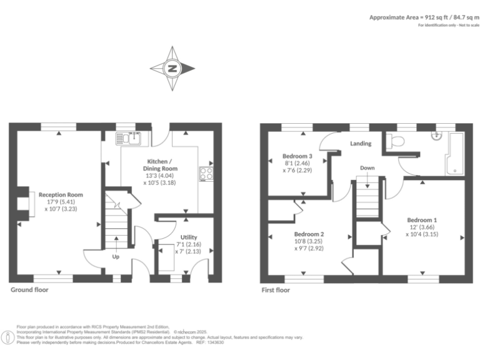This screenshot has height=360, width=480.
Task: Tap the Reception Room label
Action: pos(60,194)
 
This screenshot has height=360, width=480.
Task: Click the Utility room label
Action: pos(189,237)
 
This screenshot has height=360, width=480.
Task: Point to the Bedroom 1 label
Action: pos(422,220)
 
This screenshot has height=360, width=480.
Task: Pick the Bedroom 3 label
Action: pos(297,156)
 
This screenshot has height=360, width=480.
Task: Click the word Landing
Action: pos(361,143)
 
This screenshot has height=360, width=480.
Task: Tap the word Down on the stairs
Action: pos(367,167)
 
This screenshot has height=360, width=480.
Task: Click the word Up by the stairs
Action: pos(116,256)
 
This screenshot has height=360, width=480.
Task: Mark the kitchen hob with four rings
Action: pos(206,174)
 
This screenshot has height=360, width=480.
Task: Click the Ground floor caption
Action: pos(29,290)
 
